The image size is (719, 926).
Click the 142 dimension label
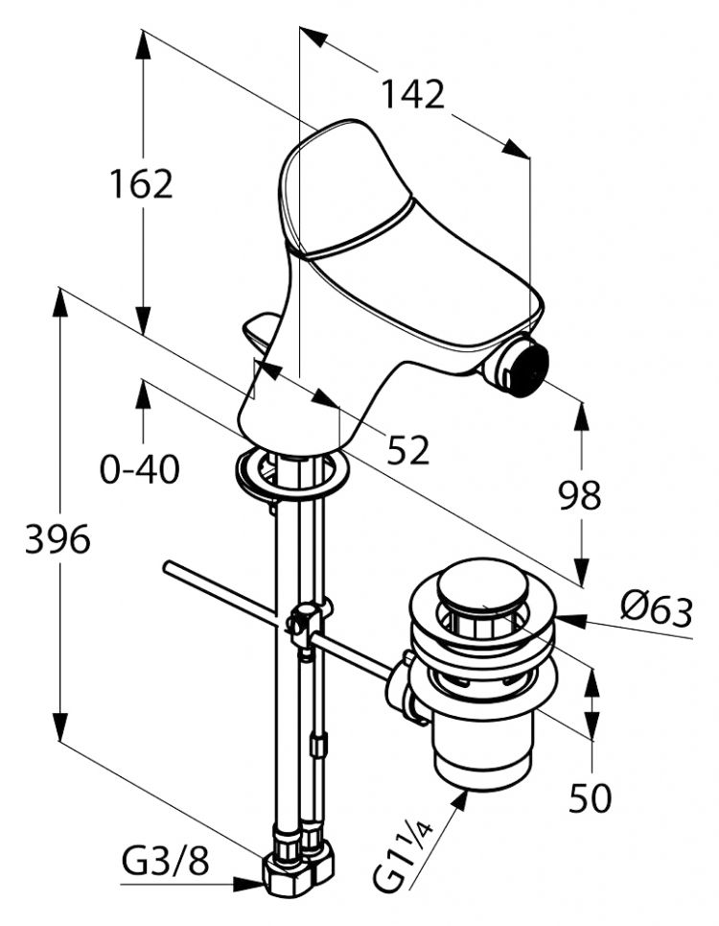pyautogui.click(x=413, y=95)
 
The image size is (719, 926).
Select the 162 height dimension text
pyautogui.click(x=140, y=183)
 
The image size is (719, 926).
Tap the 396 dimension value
pyautogui.click(x=58, y=540)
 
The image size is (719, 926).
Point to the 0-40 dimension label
pyautogui.click(x=139, y=469)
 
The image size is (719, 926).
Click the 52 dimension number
pyautogui.click(x=408, y=448)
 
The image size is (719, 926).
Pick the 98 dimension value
pyautogui.click(x=580, y=495)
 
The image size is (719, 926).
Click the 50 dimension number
pyautogui.click(x=591, y=798)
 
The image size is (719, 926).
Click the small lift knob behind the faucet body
pyautogui.click(x=261, y=332)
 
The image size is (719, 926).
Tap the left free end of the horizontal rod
pyautogui.click(x=169, y=568)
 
